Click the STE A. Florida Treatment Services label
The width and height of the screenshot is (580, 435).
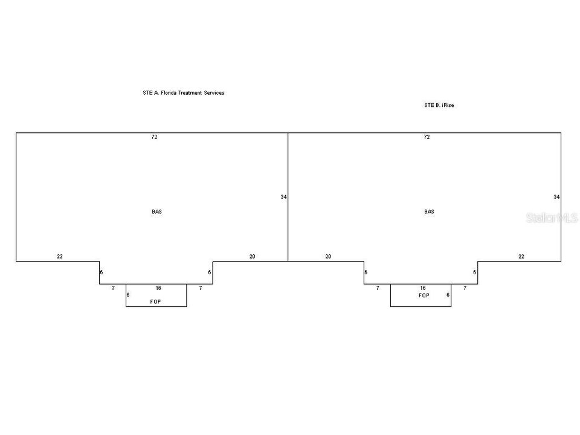point(184,93)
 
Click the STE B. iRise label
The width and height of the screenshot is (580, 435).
point(439,105)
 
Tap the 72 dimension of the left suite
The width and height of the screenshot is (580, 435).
point(154,137)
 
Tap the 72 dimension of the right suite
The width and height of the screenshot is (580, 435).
point(427,137)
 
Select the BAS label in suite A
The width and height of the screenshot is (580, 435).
point(157,211)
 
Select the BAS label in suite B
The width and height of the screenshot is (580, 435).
point(429,211)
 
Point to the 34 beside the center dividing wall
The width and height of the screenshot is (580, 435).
point(283,197)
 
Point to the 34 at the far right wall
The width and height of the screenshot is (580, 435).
point(556,197)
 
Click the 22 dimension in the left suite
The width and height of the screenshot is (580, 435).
point(60,256)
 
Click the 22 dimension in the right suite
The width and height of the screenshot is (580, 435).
point(521,256)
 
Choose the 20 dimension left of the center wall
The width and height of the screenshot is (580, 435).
point(253,256)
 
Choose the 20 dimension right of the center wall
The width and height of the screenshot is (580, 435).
point(328,256)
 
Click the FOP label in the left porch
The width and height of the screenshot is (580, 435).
point(155,301)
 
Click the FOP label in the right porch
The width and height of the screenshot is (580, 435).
point(424,295)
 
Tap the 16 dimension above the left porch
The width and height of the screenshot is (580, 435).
point(158,288)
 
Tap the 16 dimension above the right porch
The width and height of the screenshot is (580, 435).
point(423,288)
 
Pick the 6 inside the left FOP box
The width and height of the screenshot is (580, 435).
point(128,295)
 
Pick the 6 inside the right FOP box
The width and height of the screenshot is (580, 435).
point(448,295)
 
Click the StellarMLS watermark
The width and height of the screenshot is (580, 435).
point(552,218)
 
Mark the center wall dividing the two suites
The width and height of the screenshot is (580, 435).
point(288,197)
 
